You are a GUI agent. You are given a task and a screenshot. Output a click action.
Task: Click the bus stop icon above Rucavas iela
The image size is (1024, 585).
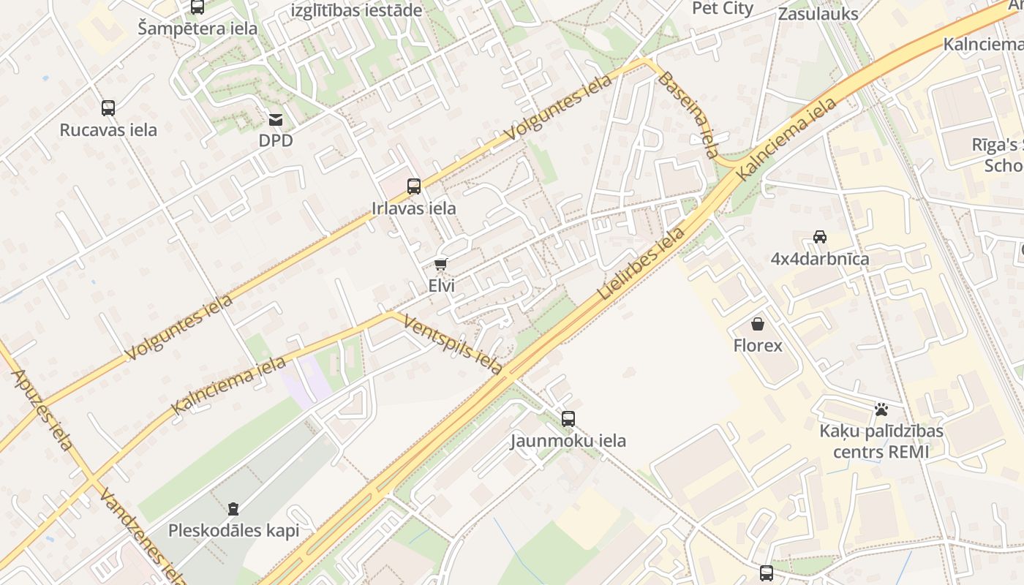point(108,108)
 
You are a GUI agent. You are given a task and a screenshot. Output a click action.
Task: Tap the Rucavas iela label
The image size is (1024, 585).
point(108,130)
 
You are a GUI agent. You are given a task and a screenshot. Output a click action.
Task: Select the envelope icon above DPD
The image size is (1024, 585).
point(276,119)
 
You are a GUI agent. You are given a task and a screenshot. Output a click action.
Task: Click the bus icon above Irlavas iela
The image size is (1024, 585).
point(414,186)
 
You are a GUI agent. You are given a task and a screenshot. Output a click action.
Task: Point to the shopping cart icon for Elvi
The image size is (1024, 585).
point(440,264)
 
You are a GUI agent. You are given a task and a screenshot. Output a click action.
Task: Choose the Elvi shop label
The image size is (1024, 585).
point(441,286)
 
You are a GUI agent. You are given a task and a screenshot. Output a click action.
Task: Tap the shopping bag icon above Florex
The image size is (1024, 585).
point(758,323)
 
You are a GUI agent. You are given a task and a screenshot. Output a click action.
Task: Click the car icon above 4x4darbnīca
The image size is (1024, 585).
point(820,237)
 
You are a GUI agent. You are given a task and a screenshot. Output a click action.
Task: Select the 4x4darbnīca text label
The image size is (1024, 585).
point(820,259)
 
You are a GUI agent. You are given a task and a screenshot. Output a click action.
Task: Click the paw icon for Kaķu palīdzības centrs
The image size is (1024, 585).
point(881,409)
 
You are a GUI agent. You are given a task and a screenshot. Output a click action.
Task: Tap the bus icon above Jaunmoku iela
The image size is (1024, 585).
point(568,419)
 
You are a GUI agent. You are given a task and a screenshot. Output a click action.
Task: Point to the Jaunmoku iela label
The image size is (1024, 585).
point(568,441)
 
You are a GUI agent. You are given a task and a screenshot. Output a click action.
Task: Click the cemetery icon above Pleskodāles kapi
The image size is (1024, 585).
point(233,508)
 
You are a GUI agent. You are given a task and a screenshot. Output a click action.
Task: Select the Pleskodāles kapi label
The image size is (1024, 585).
point(234,531)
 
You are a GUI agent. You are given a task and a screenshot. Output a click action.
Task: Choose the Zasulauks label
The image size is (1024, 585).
point(818,14)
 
